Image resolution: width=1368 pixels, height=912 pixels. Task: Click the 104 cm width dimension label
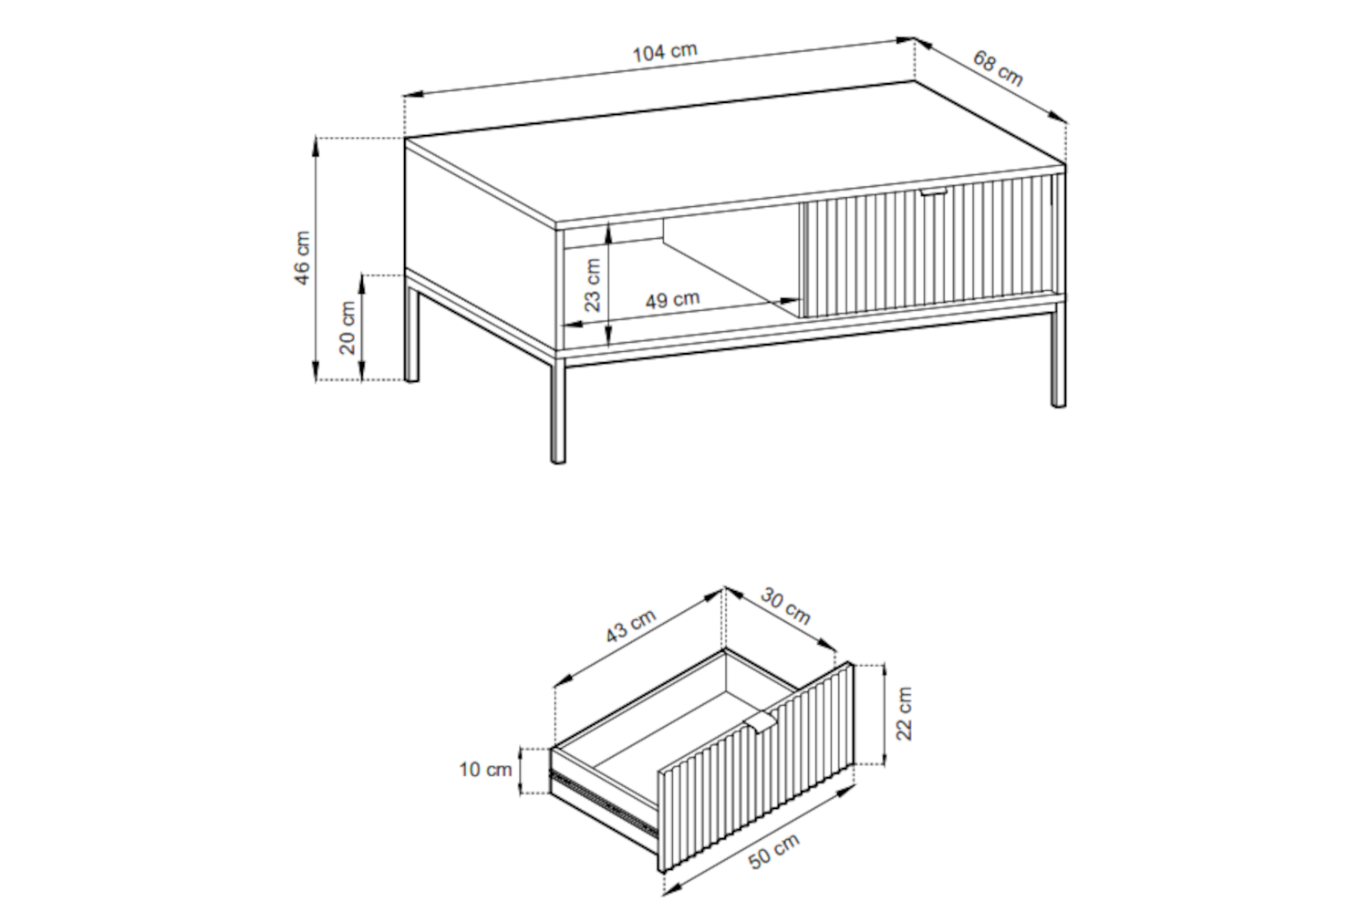(x=665, y=52)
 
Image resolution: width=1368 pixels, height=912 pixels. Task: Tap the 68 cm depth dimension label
(x=998, y=69)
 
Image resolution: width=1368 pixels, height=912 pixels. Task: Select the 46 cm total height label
(x=302, y=257)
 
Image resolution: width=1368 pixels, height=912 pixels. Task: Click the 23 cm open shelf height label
(x=593, y=285)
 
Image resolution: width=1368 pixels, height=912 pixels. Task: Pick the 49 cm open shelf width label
(x=672, y=299)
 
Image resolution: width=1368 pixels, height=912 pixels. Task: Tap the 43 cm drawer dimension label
(x=630, y=627)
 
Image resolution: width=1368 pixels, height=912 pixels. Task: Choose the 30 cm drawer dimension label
(x=786, y=606)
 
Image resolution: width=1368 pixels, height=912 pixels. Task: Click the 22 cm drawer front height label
(x=904, y=713)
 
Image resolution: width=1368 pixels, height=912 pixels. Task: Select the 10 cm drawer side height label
(x=485, y=770)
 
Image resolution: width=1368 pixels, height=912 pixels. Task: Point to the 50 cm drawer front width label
(x=773, y=852)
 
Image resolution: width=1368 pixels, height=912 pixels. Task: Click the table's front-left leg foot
(x=558, y=460)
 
